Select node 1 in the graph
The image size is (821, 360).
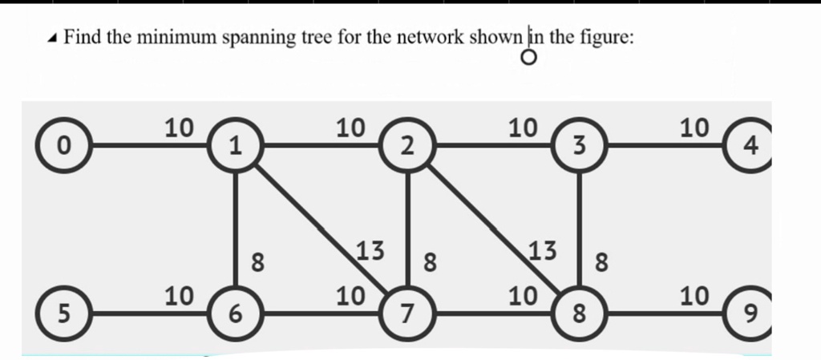point(234,146)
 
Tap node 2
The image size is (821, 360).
point(407,146)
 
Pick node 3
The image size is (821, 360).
point(579,146)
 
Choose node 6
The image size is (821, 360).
point(234,315)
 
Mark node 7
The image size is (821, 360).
point(407,315)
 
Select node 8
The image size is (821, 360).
point(579,315)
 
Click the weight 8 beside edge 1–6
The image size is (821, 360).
point(258,261)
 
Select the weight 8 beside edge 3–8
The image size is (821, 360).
point(602,261)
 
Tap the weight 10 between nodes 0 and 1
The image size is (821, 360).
point(179,127)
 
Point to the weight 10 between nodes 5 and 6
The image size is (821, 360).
point(179,297)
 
